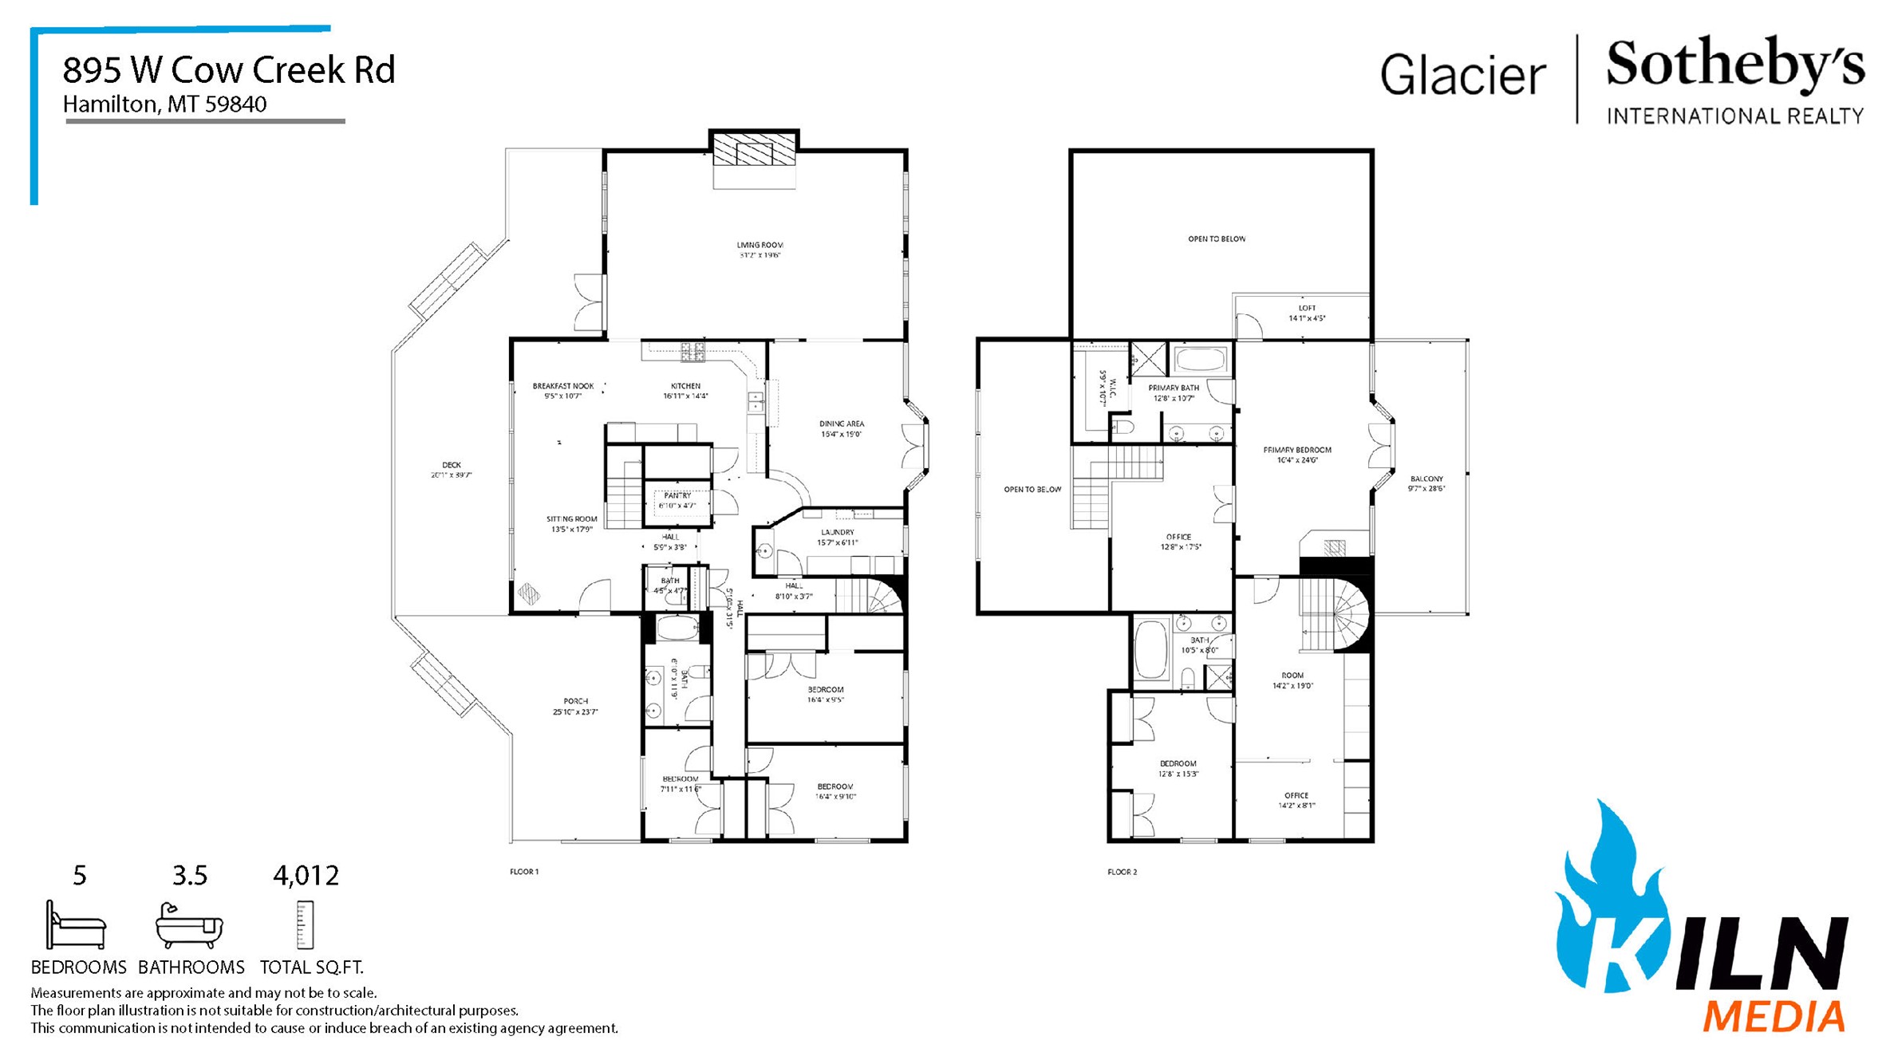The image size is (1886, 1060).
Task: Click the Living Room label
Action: (759, 250)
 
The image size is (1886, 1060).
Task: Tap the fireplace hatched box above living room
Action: (754, 148)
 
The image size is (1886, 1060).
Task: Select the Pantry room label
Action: (677, 500)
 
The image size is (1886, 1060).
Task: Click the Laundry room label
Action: (837, 537)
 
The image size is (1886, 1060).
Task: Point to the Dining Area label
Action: (841, 428)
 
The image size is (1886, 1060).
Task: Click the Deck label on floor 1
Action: (452, 469)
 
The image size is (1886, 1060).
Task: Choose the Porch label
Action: (575, 706)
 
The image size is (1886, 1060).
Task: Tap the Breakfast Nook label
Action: (563, 390)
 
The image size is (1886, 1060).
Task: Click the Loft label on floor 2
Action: (1307, 313)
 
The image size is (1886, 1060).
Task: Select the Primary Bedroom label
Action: (1297, 455)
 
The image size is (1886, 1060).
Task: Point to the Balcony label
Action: (1426, 483)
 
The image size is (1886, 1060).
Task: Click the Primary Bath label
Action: (1174, 392)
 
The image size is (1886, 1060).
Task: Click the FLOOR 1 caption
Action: (524, 872)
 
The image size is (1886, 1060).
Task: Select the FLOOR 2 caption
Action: (1122, 872)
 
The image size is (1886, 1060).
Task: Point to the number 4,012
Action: (306, 876)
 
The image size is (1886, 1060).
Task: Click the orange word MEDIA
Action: (1773, 1018)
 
